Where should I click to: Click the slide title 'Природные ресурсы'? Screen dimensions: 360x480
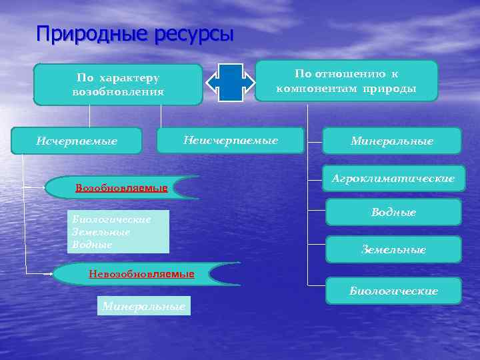tap(135, 33)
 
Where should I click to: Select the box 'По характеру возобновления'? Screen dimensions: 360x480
tap(118, 85)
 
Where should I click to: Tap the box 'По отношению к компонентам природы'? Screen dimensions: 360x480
tap(347, 81)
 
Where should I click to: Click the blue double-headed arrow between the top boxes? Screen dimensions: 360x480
tap(230, 82)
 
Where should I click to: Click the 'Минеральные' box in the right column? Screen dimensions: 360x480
tap(392, 141)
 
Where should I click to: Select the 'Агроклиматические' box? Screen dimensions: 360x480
tap(393, 179)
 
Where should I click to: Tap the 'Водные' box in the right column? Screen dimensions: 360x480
tap(393, 212)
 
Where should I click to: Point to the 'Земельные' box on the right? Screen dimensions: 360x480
tap(393, 249)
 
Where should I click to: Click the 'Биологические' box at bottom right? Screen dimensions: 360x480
tap(393, 291)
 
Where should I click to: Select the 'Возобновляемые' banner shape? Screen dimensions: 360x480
tap(121, 188)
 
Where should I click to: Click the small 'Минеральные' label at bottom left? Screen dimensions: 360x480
tap(143, 306)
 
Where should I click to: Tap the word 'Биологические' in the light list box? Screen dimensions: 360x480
tap(111, 219)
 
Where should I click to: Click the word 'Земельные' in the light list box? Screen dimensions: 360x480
tap(101, 232)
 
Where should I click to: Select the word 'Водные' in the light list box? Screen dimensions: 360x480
tap(93, 245)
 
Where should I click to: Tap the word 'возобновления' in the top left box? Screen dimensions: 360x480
tap(118, 91)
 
